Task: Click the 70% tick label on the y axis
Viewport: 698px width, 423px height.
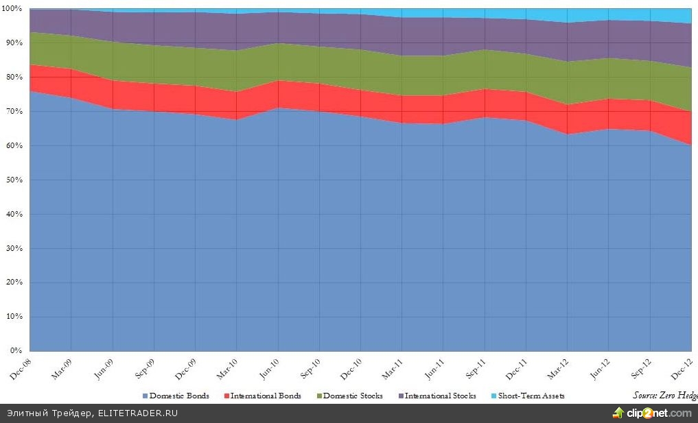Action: pos(13,111)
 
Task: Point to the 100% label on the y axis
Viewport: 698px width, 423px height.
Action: pos(12,9)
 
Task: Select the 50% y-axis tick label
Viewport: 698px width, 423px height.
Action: pos(13,180)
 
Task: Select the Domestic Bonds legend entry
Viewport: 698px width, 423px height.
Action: pos(179,396)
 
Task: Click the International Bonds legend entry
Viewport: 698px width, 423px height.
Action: pos(266,396)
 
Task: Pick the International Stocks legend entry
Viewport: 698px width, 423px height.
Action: pos(440,396)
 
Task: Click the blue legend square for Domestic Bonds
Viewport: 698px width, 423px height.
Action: pos(145,396)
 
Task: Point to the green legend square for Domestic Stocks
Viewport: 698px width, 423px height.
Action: pos(318,396)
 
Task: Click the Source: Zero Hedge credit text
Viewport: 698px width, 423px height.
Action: pos(664,395)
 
